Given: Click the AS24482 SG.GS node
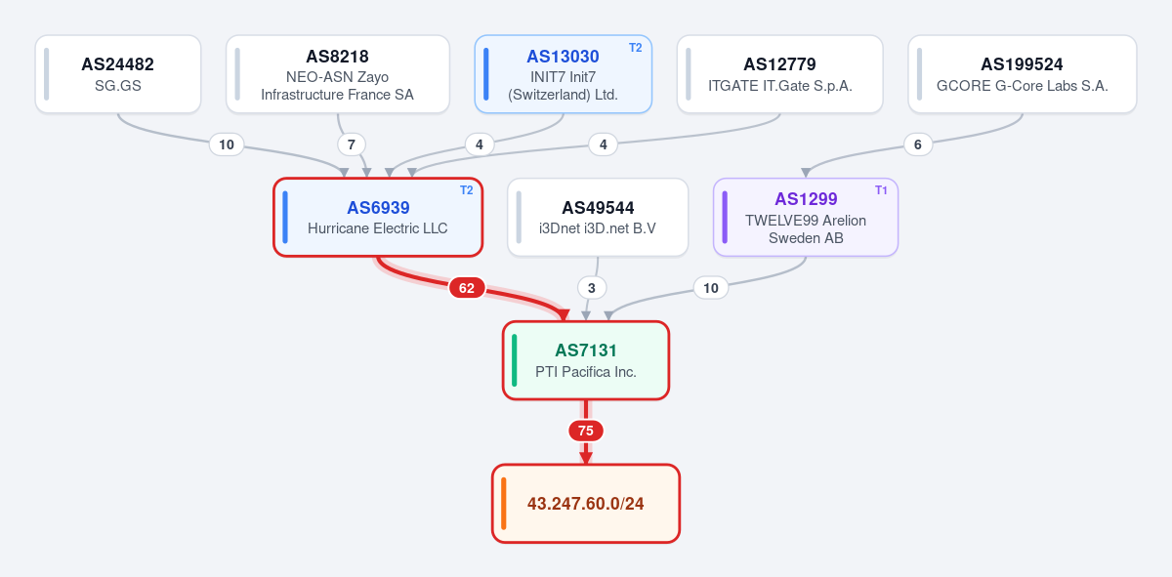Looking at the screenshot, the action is [118, 74].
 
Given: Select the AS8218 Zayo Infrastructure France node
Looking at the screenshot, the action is [338, 74].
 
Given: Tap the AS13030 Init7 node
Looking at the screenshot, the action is [563, 74].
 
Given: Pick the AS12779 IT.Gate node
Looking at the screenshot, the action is [779, 74].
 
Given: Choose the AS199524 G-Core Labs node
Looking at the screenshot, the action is [1023, 74].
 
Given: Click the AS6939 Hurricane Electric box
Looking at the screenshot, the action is [378, 217].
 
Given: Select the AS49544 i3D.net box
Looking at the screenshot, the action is [598, 217].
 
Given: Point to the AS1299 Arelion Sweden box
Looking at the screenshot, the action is [806, 217].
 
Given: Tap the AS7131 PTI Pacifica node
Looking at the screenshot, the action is [586, 360].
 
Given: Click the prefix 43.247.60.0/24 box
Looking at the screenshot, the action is [586, 503].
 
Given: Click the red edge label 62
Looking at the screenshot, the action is [467, 288].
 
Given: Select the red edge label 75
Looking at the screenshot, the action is [586, 431].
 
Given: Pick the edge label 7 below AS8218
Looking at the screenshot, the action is [352, 144].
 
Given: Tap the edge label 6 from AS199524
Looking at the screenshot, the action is [918, 144].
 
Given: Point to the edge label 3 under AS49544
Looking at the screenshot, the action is [592, 288].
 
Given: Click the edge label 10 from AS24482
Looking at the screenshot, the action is [227, 144].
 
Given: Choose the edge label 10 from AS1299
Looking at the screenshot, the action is [711, 288].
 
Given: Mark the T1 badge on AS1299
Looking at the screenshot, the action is [881, 190].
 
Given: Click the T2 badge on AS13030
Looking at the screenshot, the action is [635, 48].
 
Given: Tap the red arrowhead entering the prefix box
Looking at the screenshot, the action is [586, 458].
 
